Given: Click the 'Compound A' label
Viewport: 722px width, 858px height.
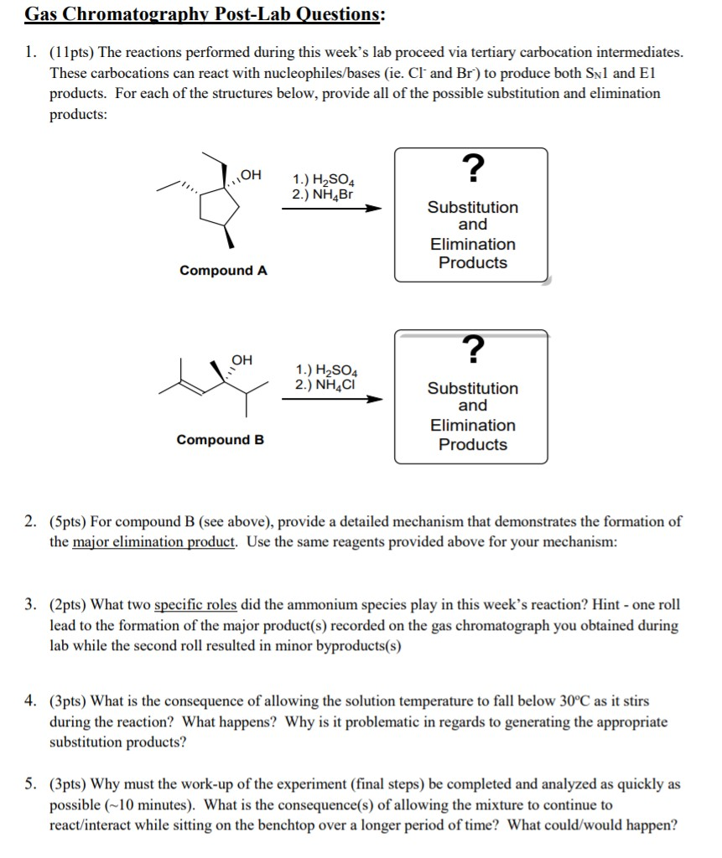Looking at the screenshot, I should (223, 271).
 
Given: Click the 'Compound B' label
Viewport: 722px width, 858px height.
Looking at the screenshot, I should (220, 440).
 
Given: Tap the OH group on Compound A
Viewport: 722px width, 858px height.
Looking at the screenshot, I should (251, 175).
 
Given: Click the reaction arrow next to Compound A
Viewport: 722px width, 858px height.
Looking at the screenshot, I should (331, 209).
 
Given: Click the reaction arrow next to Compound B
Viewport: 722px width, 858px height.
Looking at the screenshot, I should (331, 400).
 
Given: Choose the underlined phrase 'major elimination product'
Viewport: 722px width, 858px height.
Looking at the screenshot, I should (154, 542).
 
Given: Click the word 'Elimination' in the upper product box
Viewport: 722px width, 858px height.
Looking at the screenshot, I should (473, 245).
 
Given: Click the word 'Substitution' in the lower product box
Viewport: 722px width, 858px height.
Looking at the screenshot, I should (473, 389).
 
